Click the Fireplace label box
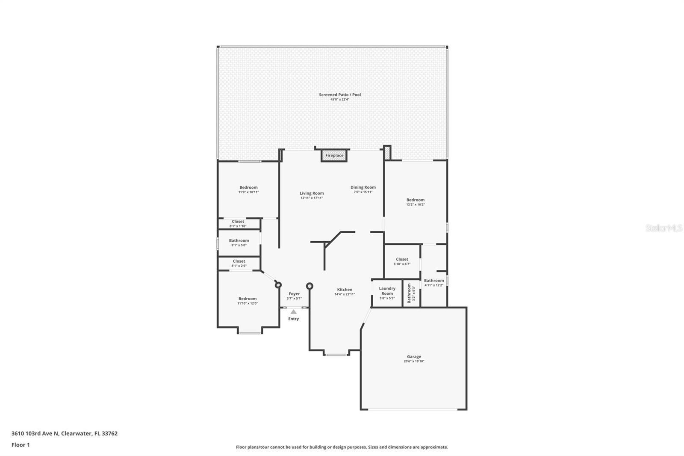tap(334, 155)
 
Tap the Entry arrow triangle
tap(293, 312)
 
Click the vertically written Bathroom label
tap(409, 293)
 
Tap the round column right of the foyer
tap(310, 286)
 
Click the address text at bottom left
tap(65, 433)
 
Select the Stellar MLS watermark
tap(663, 228)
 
